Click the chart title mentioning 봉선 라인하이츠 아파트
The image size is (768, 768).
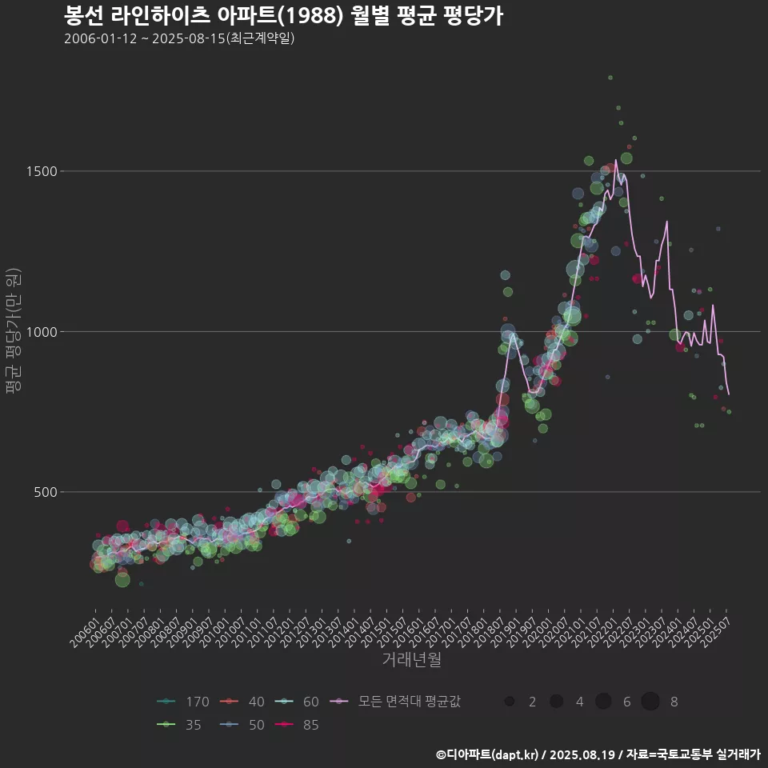pyautogui.click(x=283, y=16)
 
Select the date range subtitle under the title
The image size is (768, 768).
pyautogui.click(x=179, y=38)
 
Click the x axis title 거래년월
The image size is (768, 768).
pyautogui.click(x=411, y=659)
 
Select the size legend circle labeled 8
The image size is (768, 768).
pyautogui.click(x=650, y=702)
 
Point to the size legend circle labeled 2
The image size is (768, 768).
pyautogui.click(x=510, y=702)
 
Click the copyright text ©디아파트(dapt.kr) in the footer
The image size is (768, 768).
pyautogui.click(x=488, y=754)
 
